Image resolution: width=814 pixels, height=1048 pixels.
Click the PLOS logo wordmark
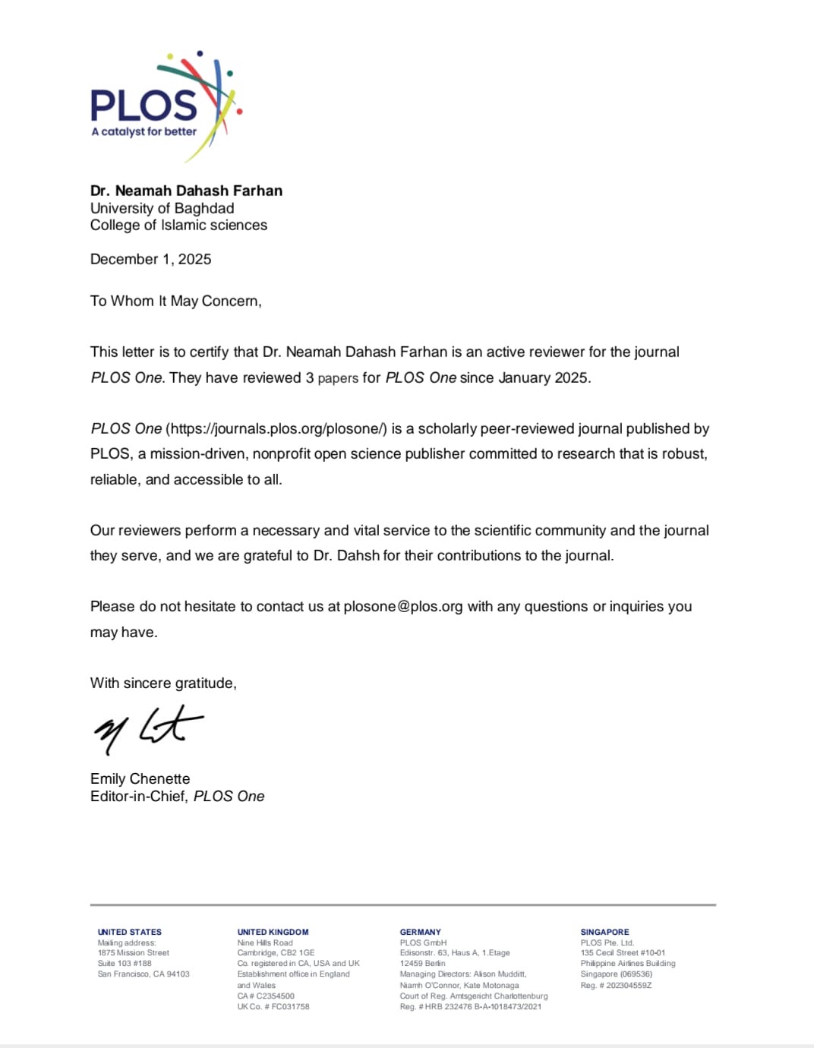144,105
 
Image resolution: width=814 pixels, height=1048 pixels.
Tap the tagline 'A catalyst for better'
144,131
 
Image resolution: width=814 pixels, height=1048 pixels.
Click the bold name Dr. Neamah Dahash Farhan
186,191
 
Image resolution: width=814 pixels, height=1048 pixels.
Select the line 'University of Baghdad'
162,208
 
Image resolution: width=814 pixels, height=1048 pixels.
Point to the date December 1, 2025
150,259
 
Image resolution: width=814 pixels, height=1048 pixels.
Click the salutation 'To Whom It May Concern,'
175,301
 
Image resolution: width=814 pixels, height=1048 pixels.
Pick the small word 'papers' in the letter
337,378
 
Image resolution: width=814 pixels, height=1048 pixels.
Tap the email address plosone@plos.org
402,606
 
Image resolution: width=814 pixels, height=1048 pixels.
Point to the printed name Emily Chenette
140,778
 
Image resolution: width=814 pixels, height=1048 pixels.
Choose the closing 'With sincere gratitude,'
163,683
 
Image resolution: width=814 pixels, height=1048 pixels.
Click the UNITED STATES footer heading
129,932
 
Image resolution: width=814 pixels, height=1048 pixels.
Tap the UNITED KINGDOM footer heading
273,932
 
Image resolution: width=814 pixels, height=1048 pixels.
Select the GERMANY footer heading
420,932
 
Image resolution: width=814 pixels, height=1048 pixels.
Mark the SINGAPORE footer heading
604,932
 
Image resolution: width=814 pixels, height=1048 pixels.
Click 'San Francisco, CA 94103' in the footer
144,974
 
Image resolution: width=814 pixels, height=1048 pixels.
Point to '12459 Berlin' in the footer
422,963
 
